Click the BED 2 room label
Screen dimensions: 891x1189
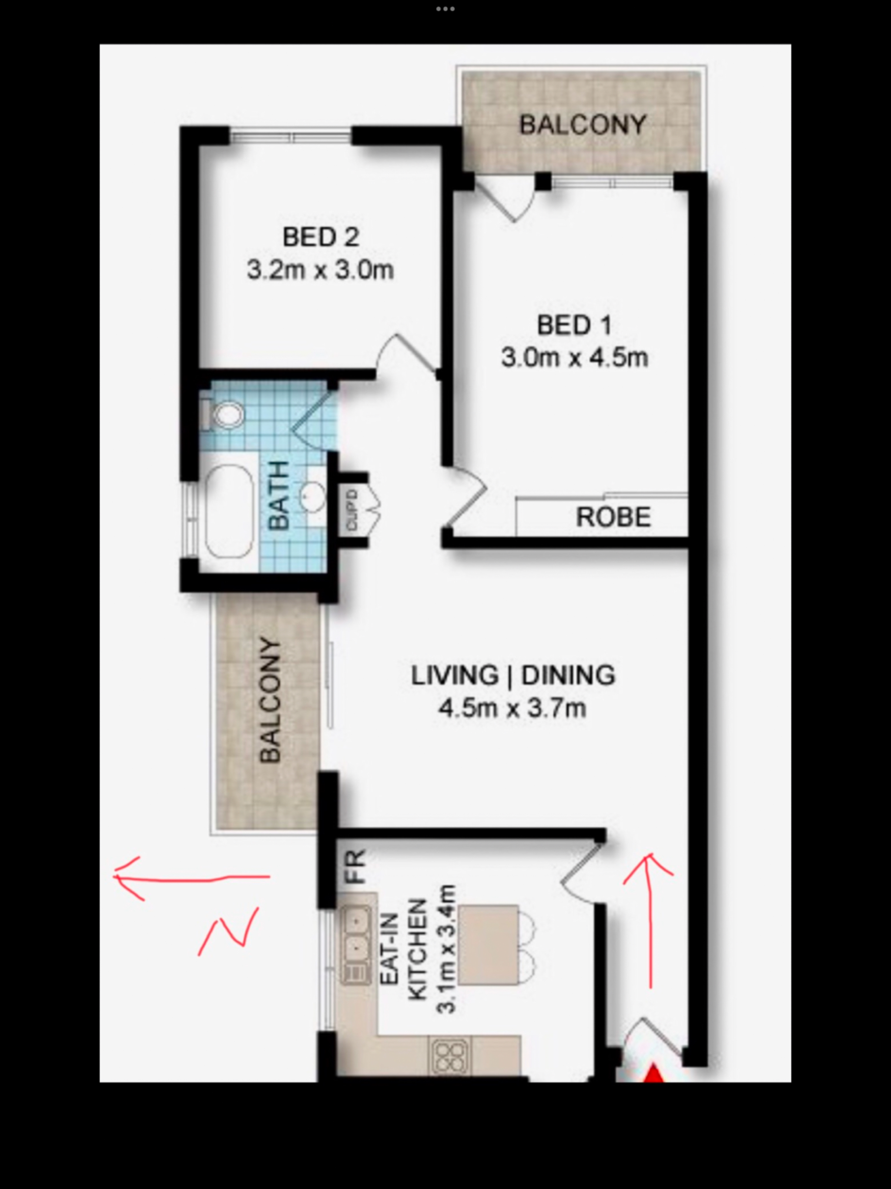321,237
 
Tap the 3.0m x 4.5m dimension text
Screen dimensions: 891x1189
574,358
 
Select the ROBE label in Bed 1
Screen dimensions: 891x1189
613,517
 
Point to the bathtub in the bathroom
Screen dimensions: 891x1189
229,512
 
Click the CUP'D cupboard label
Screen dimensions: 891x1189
352,510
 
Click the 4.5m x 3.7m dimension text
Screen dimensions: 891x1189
512,708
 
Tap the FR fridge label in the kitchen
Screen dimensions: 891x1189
356,866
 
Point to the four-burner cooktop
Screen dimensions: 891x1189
451,1056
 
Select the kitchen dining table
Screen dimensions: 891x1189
489,945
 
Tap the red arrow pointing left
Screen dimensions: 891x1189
191,878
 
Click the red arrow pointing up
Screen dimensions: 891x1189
650,920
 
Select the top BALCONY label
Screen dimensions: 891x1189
583,125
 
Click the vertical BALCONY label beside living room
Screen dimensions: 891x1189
270,701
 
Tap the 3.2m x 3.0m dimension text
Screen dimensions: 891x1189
320,270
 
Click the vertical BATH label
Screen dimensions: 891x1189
278,495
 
